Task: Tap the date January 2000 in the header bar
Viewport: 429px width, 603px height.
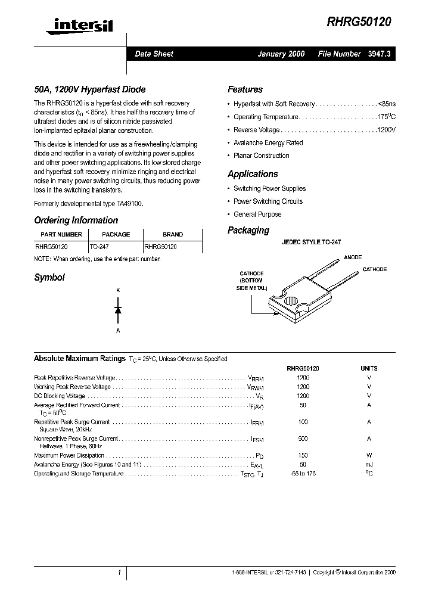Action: click(281, 54)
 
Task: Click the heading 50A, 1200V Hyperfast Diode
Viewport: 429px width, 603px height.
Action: click(90, 89)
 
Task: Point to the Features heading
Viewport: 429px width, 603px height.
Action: click(245, 89)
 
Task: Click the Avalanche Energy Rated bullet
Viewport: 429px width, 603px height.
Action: click(268, 143)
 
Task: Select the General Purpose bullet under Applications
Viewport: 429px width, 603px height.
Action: click(257, 215)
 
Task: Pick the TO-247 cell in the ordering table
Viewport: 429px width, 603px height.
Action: click(100, 246)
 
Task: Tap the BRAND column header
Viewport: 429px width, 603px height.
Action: click(173, 235)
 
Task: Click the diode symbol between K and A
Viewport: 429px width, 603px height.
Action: click(118, 310)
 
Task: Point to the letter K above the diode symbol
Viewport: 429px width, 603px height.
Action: click(118, 290)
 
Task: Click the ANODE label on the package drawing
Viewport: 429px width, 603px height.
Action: click(353, 257)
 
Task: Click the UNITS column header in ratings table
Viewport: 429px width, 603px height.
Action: click(369, 368)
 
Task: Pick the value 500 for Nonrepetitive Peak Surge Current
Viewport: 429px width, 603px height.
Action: click(303, 439)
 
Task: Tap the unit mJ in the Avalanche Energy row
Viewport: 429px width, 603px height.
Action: click(369, 464)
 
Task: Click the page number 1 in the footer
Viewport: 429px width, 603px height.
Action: click(119, 572)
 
